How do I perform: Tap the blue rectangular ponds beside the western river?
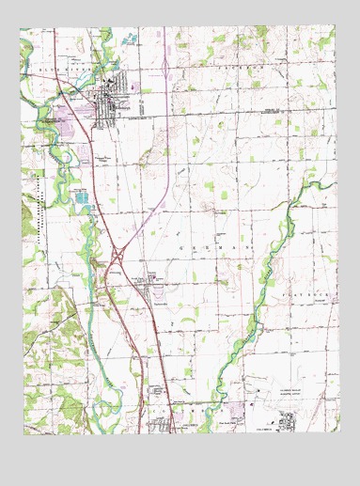(83, 197)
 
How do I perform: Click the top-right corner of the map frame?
(337, 28)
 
